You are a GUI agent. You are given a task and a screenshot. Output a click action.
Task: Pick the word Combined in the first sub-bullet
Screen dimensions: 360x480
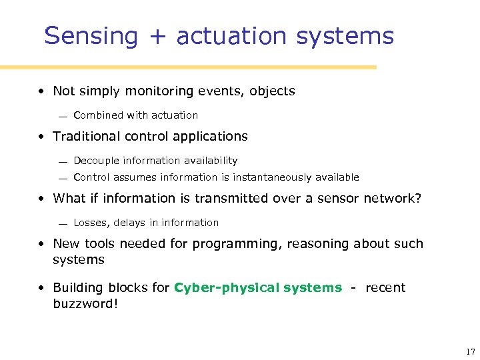pos(99,115)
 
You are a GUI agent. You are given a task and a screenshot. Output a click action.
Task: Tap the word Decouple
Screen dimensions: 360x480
pos(97,161)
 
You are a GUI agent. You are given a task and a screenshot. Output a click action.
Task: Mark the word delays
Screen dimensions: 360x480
pos(129,223)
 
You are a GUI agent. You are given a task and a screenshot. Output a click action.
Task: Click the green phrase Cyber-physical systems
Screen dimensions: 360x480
pos(257,288)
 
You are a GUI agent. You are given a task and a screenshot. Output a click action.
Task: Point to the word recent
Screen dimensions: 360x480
pos(385,288)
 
